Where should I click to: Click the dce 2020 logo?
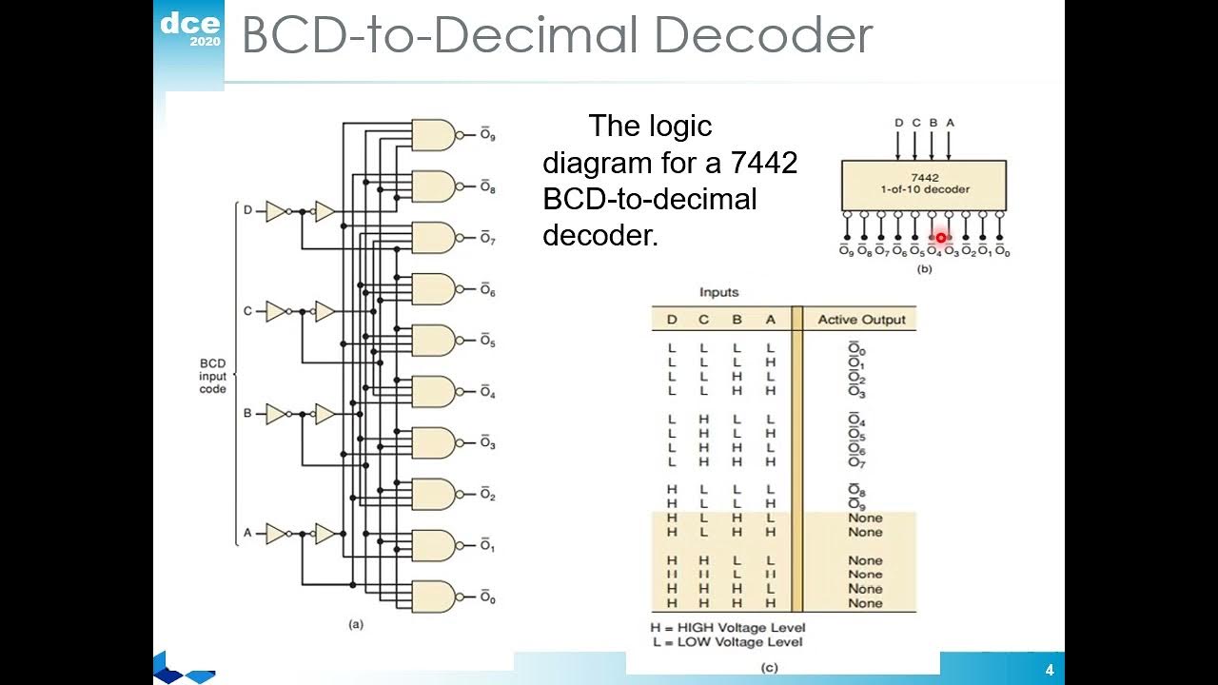pyautogui.click(x=189, y=30)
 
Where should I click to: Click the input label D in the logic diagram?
pyautogui.click(x=248, y=210)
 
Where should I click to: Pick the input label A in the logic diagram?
pyautogui.click(x=248, y=533)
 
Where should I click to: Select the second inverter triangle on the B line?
pyautogui.click(x=324, y=415)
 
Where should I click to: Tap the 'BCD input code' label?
pyautogui.click(x=213, y=376)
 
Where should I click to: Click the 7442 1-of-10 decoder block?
pyautogui.click(x=923, y=185)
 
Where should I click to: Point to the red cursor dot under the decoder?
pyautogui.click(x=940, y=239)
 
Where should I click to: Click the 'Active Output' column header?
pyautogui.click(x=861, y=320)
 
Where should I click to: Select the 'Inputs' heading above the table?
pyautogui.click(x=718, y=292)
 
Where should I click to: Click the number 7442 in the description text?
pyautogui.click(x=764, y=164)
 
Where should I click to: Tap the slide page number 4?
pyautogui.click(x=1049, y=670)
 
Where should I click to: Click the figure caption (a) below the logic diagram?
pyautogui.click(x=356, y=625)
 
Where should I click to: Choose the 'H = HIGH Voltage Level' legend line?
pyautogui.click(x=727, y=627)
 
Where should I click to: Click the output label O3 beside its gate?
pyautogui.click(x=487, y=443)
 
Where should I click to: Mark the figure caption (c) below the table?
pyautogui.click(x=769, y=667)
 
